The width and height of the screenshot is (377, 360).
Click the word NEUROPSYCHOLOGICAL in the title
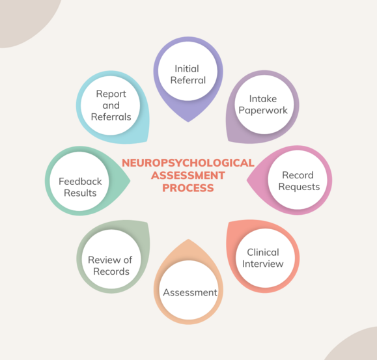coord(188,163)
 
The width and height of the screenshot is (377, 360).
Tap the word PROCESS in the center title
coord(188,188)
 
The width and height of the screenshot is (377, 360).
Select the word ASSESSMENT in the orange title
coord(188,175)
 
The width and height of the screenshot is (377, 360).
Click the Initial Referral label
coord(188,74)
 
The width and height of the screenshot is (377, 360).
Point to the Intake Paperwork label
coord(263,105)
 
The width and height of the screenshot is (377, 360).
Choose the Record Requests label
coord(299,181)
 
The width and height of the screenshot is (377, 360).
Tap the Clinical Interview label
coord(263,258)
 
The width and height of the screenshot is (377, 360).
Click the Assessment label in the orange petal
coord(190,293)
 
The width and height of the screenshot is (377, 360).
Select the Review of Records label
coord(110,266)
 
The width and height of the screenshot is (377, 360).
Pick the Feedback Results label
coord(80,187)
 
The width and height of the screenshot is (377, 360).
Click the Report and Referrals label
coord(111,105)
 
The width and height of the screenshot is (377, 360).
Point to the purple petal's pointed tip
coord(188,122)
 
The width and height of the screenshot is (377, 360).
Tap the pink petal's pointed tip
coord(247,180)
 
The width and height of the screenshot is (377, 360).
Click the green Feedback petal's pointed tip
coord(130,180)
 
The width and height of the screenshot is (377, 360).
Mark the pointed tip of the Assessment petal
coord(188,240)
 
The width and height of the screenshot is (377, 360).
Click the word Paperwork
coord(263,111)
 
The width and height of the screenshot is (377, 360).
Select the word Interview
coord(263,264)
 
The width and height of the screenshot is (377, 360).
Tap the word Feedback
coord(80,182)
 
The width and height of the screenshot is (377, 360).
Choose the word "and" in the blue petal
coord(111,105)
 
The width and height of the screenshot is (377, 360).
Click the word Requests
coord(299,187)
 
